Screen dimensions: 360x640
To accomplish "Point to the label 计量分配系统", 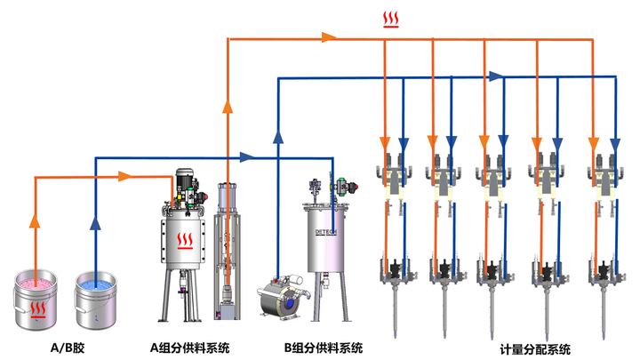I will (x=534, y=348).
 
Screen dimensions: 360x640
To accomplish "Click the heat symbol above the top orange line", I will (x=389, y=19).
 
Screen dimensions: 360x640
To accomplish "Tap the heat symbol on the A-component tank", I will (x=184, y=241).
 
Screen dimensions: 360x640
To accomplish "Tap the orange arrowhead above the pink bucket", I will (x=35, y=220).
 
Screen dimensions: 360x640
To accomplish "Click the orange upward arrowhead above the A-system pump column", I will (x=228, y=108).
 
